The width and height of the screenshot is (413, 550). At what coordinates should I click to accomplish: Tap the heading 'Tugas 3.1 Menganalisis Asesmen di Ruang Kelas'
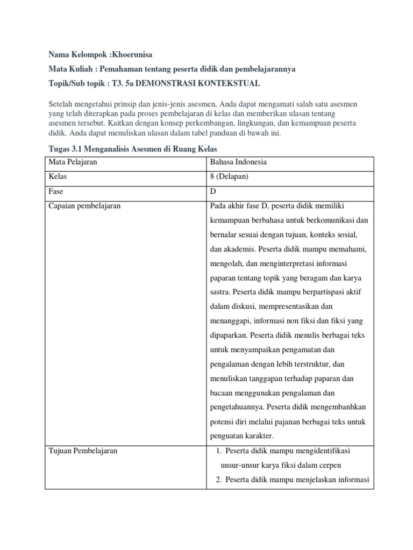[132, 148]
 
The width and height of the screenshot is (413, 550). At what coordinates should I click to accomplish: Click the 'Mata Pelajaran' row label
[73, 162]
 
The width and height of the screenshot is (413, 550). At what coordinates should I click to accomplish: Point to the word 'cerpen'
[330, 466]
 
